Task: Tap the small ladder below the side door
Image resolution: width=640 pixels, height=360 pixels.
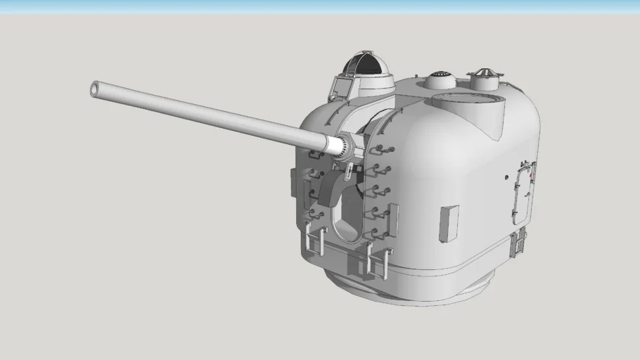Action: pyautogui.click(x=519, y=243)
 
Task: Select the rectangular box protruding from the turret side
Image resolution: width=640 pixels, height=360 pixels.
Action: pyautogui.click(x=448, y=223)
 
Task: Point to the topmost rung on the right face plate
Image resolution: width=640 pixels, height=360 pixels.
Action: pyautogui.click(x=383, y=149)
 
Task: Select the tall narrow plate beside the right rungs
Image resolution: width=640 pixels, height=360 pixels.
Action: pyautogui.click(x=392, y=219)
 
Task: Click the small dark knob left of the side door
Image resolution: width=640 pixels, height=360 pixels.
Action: pyautogui.click(x=506, y=178)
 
